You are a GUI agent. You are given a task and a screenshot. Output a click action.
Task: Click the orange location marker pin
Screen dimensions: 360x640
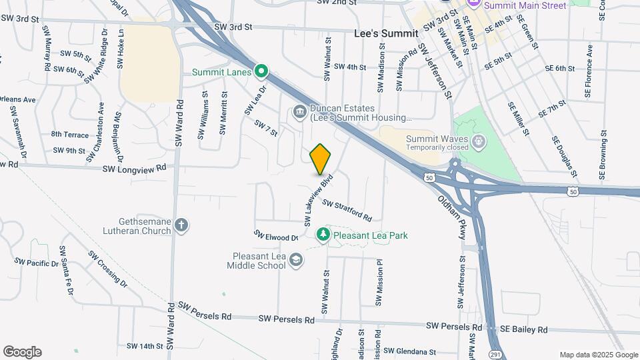coord(321,159)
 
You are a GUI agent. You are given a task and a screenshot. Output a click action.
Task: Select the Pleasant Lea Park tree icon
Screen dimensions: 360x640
coord(323,235)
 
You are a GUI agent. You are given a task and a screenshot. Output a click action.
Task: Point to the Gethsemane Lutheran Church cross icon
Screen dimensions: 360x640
coord(182,226)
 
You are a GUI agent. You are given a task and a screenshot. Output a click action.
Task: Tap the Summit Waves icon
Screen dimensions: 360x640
coord(478,141)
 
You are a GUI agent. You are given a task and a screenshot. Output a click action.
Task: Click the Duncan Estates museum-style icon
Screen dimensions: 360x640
coord(299,111)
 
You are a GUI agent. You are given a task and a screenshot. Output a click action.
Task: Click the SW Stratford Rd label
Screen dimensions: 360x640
coord(347,209)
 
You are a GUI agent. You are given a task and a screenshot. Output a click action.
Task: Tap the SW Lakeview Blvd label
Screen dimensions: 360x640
coord(318,201)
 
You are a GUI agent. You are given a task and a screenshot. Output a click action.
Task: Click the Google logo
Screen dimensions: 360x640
coord(22,351)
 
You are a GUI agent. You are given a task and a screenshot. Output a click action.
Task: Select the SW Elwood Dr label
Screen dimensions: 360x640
coord(275,237)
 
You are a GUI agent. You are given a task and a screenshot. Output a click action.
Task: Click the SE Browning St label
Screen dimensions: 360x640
coord(603,155)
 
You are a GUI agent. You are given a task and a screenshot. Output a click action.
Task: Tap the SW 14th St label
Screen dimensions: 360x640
coord(142,346)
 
